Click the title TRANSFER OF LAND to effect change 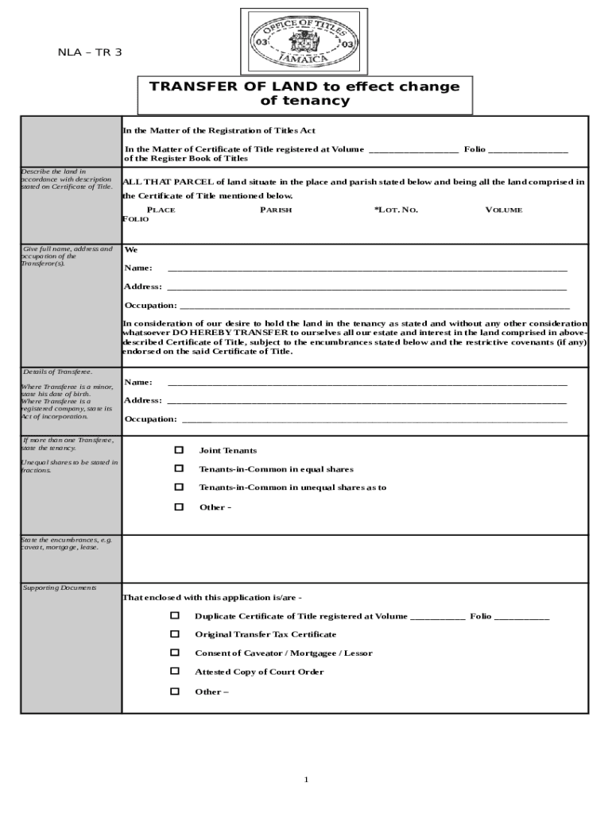(x=305, y=87)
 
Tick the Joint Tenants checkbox (x=179, y=450)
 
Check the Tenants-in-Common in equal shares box (x=179, y=468)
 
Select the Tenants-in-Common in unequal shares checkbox (x=179, y=487)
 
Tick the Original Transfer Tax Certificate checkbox (x=175, y=634)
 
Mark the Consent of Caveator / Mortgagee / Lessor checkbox (x=175, y=653)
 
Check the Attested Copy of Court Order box (x=175, y=672)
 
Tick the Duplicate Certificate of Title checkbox (x=175, y=615)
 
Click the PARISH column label (x=276, y=210)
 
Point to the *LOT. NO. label (x=396, y=210)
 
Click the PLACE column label (x=161, y=210)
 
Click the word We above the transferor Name (x=131, y=249)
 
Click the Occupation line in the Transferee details (x=374, y=418)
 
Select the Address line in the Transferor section (x=366, y=287)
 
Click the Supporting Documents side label (x=60, y=588)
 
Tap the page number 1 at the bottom (x=306, y=779)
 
